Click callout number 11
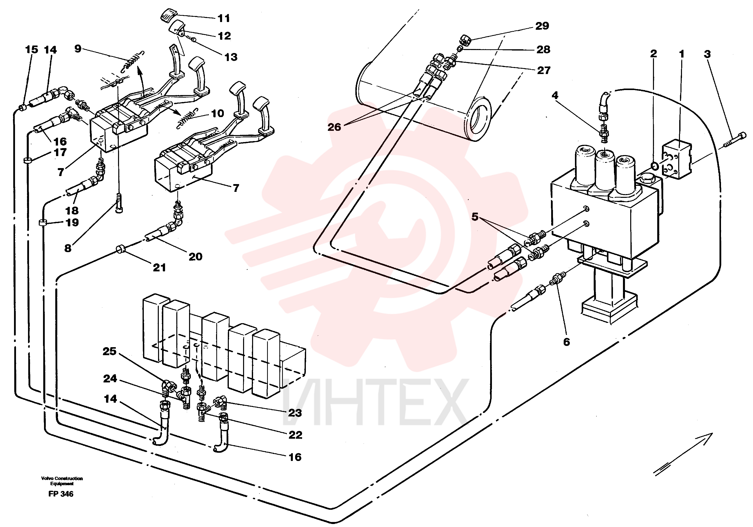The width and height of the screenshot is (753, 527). pyautogui.click(x=224, y=18)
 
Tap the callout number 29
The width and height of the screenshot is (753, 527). pyautogui.click(x=542, y=26)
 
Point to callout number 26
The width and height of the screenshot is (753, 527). pyautogui.click(x=334, y=127)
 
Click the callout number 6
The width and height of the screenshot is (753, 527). pyautogui.click(x=566, y=342)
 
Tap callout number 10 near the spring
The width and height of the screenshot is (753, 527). pyautogui.click(x=217, y=114)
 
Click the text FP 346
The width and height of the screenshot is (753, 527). pyautogui.click(x=61, y=494)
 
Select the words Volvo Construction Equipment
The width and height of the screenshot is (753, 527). pyautogui.click(x=62, y=481)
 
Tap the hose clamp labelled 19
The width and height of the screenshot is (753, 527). pyautogui.click(x=42, y=223)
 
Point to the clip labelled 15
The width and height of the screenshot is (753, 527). pyautogui.click(x=23, y=108)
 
